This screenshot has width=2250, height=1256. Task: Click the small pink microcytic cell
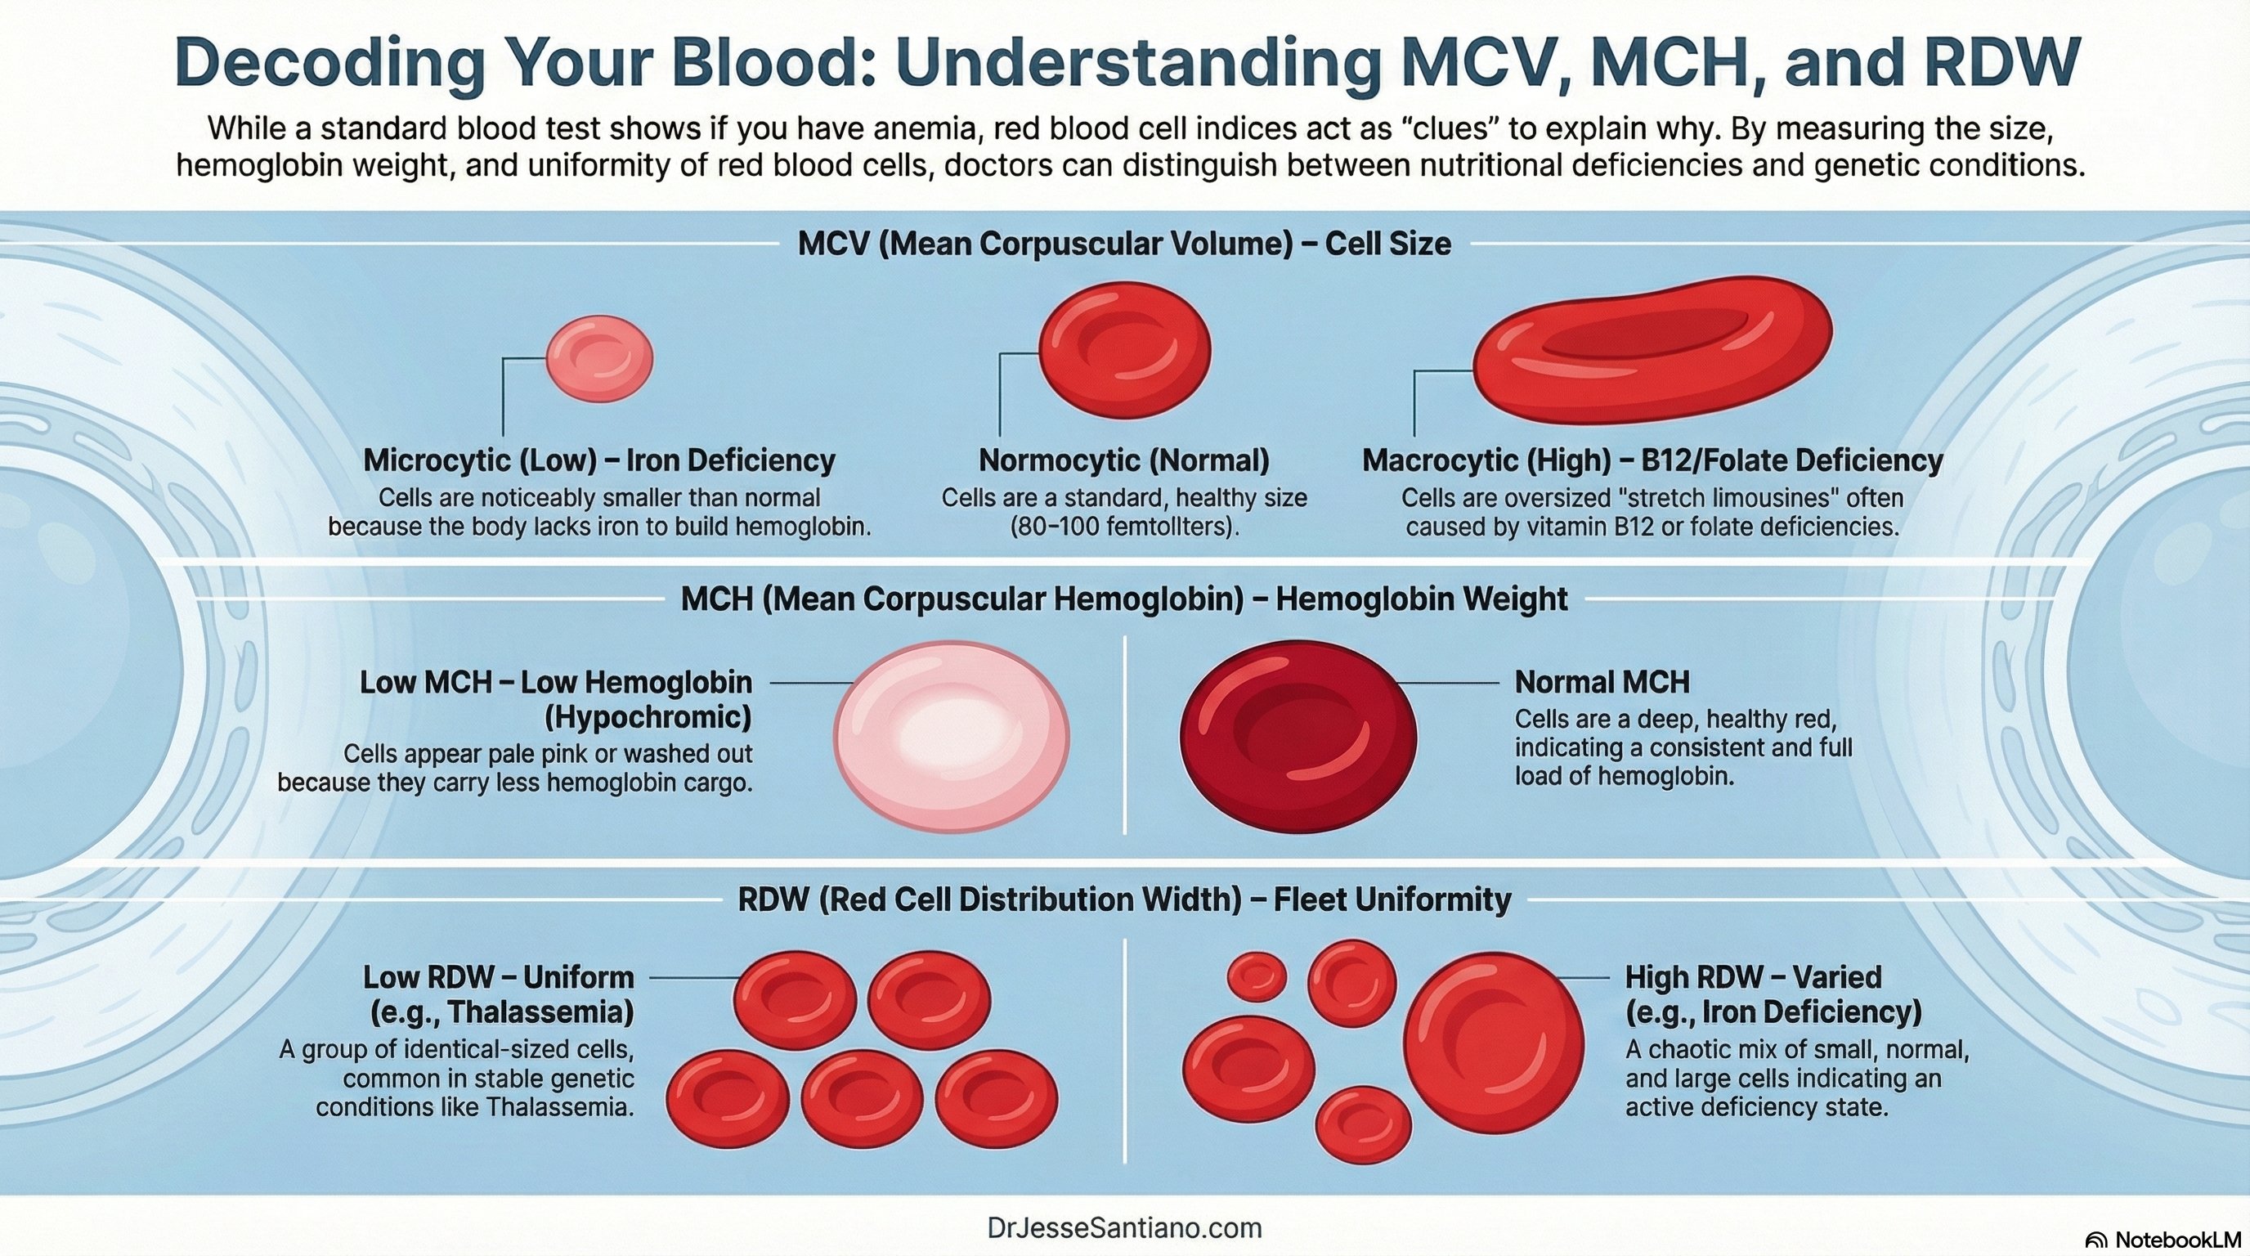point(599,358)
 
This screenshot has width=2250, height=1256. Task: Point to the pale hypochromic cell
point(950,731)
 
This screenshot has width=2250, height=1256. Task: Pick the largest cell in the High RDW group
point(1494,1043)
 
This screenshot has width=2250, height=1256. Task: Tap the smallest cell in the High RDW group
point(1256,976)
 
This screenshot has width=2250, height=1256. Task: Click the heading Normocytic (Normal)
point(1123,460)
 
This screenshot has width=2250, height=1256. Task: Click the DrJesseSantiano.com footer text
point(1124,1227)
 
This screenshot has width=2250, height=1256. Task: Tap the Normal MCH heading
point(1601,682)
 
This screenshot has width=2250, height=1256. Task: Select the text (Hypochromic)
point(648,718)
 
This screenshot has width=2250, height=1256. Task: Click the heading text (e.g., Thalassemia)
point(502,1012)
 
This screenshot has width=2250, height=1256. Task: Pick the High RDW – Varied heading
point(1752,976)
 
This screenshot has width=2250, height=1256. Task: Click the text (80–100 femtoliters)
point(1124,527)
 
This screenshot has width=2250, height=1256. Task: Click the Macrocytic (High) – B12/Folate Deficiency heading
point(1652,460)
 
